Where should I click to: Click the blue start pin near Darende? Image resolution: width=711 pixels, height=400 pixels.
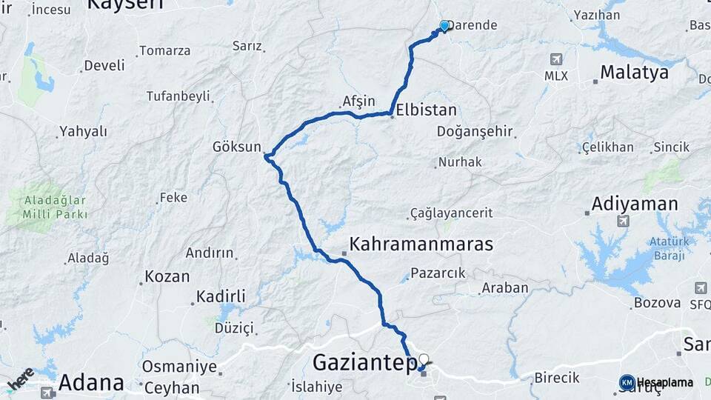(x=444, y=26)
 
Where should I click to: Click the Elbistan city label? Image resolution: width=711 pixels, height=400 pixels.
(x=426, y=110)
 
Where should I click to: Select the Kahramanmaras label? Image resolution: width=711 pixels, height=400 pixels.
(x=421, y=244)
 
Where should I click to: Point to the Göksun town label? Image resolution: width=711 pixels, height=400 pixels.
(x=237, y=147)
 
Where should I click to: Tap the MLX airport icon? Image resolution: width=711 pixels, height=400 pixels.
(x=555, y=59)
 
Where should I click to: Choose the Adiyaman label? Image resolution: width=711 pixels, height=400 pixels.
(x=635, y=204)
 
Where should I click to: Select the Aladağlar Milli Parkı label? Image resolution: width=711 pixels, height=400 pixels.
(x=56, y=207)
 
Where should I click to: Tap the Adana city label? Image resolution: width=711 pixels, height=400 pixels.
(x=91, y=383)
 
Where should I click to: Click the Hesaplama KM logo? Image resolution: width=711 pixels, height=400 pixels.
(x=627, y=382)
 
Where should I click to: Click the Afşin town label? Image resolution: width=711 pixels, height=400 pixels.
(x=359, y=101)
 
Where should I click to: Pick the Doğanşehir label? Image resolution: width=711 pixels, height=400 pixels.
(x=475, y=131)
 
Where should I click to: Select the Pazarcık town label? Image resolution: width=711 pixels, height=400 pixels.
(x=438, y=273)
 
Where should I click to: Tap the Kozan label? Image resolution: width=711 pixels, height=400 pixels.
(x=167, y=276)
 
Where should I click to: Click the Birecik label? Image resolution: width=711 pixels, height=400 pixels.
(x=556, y=378)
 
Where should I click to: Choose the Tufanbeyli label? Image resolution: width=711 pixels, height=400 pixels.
(x=178, y=96)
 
